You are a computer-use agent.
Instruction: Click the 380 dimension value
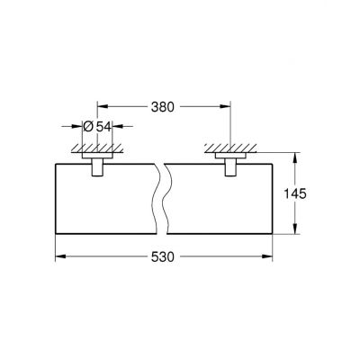pos(162,104)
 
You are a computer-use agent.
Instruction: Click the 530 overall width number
pos(162,256)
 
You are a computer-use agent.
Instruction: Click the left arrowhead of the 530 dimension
pos(61,256)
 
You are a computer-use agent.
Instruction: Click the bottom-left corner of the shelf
pos(58,233)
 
